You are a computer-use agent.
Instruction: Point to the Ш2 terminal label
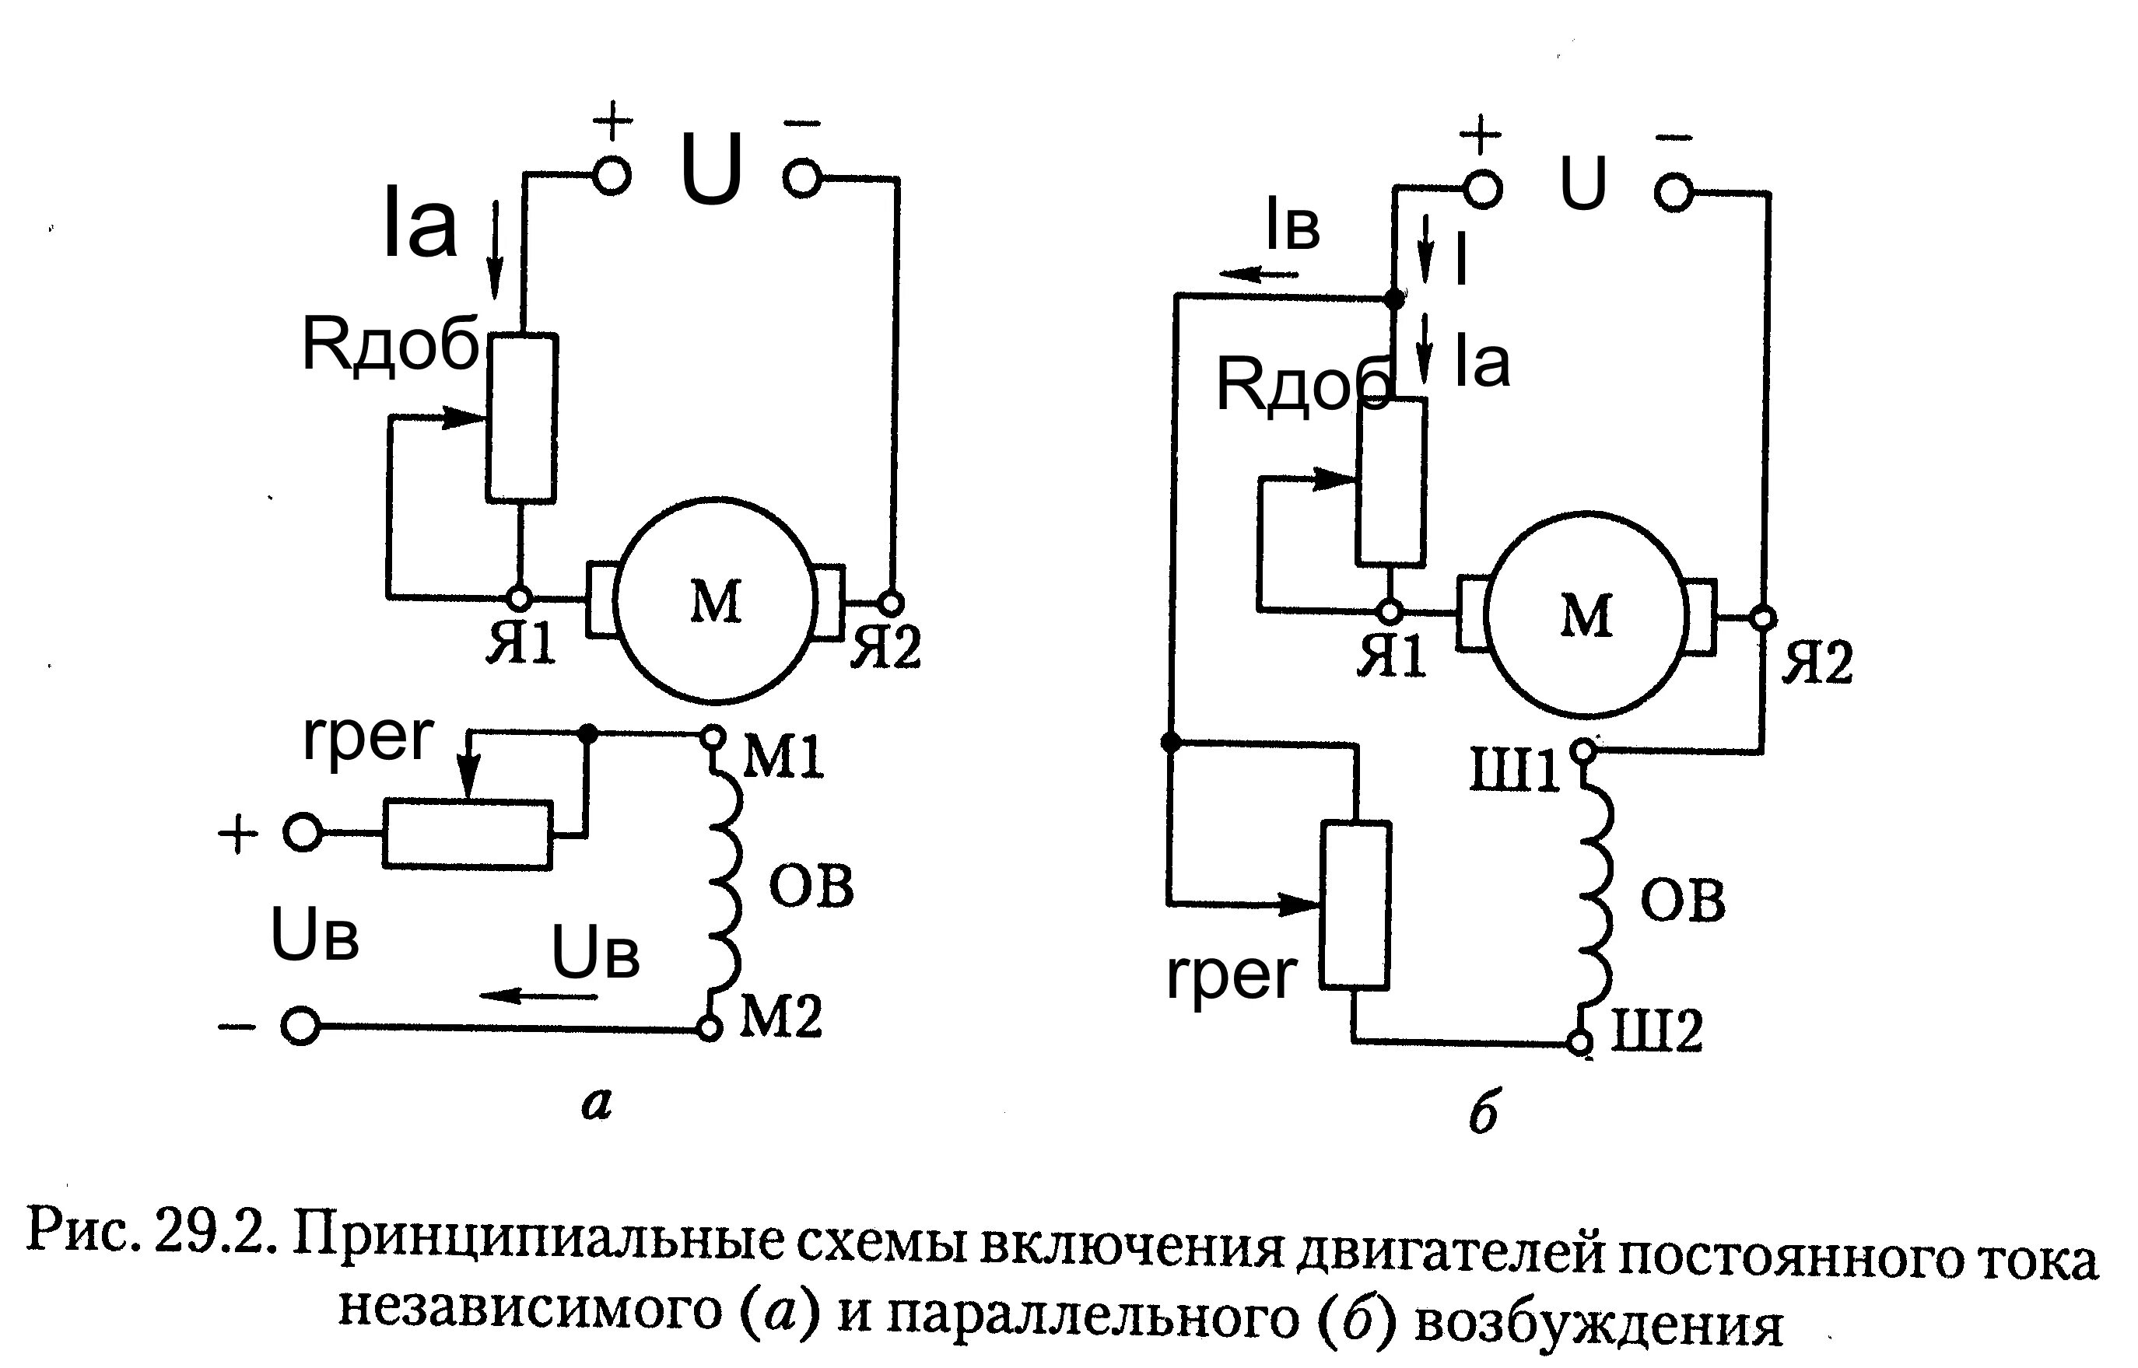[x=1657, y=1032]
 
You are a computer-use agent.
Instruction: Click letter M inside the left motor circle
[x=715, y=604]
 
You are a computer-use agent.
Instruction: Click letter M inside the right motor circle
[x=1586, y=616]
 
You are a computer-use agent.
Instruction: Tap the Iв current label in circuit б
[x=1292, y=227]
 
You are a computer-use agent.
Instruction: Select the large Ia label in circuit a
[x=419, y=226]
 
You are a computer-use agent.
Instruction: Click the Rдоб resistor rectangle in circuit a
[x=521, y=418]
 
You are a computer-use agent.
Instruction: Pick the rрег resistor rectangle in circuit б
[x=1355, y=904]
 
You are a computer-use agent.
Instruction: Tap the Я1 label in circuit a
[x=520, y=644]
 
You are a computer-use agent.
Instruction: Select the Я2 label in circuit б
[x=1818, y=663]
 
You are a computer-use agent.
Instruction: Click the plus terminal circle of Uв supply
[x=302, y=833]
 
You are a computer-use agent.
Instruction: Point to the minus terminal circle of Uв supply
[x=300, y=1027]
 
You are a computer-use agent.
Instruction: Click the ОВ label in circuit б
[x=1682, y=901]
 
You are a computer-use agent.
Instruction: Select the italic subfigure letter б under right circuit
[x=1483, y=1113]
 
